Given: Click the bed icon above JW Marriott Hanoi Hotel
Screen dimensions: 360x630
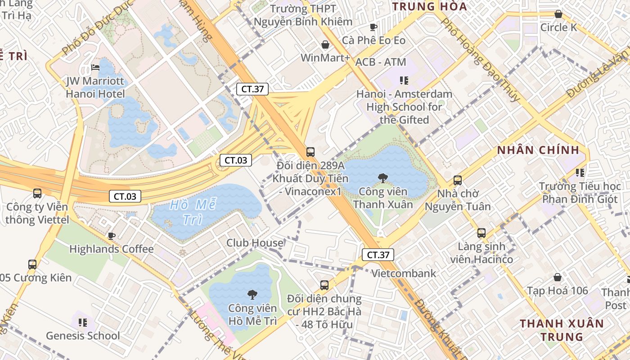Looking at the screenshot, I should coord(95,67).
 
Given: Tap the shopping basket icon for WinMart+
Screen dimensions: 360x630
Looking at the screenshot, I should coord(325,45).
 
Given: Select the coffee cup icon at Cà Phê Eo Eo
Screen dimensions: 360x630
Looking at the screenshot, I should coord(373,27).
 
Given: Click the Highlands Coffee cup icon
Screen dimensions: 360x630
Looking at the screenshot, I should coord(111,236).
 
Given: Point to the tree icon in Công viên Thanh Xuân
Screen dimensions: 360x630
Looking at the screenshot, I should coord(382,178).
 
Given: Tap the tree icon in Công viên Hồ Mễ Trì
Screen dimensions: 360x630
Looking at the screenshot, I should coord(252,295).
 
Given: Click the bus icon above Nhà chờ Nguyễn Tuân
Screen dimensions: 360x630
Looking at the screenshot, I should coord(458,180).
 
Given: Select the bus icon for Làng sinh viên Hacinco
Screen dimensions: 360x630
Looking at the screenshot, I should coord(481,233).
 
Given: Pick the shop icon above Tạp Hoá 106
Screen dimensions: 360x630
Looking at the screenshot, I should coord(557,277).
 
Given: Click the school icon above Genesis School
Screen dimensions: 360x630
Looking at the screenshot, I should coord(83,322).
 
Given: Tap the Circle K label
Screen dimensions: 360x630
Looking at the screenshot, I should coord(558,27).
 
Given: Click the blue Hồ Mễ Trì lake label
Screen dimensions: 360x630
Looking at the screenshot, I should coord(193,212).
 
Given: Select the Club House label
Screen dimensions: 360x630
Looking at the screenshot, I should coord(255,243).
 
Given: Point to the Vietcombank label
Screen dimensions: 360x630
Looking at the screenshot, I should coord(404,273).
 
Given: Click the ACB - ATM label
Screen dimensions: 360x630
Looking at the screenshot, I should coord(381,62).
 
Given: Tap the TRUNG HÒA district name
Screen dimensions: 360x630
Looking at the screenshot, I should coord(429,6).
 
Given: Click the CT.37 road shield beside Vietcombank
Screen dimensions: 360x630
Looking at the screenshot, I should coord(378,255).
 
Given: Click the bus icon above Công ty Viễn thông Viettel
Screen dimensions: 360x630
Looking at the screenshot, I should coord(37,193).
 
